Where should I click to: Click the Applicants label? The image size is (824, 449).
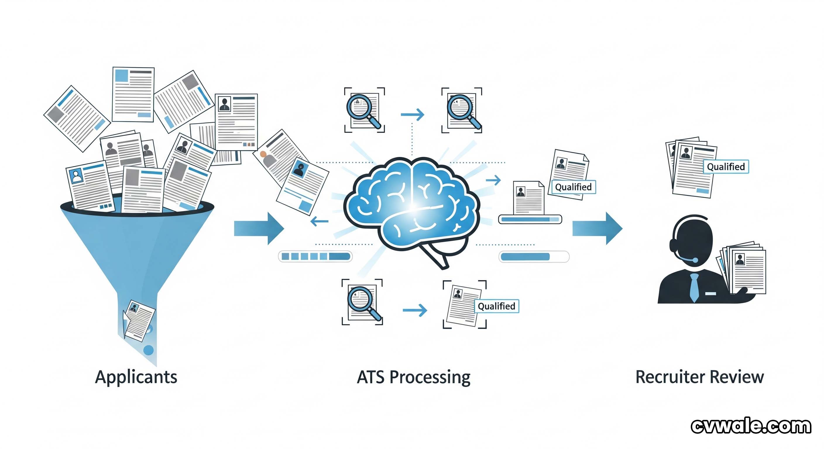click(x=136, y=377)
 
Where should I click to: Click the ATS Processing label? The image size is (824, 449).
click(x=413, y=377)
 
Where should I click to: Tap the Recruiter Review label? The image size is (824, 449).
click(x=700, y=377)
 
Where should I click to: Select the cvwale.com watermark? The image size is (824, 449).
click(x=751, y=426)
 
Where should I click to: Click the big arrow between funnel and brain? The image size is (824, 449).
click(x=259, y=229)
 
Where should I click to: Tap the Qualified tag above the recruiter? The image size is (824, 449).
click(x=726, y=167)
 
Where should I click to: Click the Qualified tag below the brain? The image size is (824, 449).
click(x=496, y=306)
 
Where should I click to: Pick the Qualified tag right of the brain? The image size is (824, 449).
click(x=573, y=187)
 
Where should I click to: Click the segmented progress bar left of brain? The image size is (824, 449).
click(x=315, y=256)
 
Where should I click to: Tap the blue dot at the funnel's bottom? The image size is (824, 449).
click(x=148, y=350)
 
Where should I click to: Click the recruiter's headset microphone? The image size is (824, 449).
click(x=695, y=260)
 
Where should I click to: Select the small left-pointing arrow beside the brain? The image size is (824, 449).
click(x=319, y=221)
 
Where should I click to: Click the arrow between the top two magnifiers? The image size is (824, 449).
click(x=413, y=114)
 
